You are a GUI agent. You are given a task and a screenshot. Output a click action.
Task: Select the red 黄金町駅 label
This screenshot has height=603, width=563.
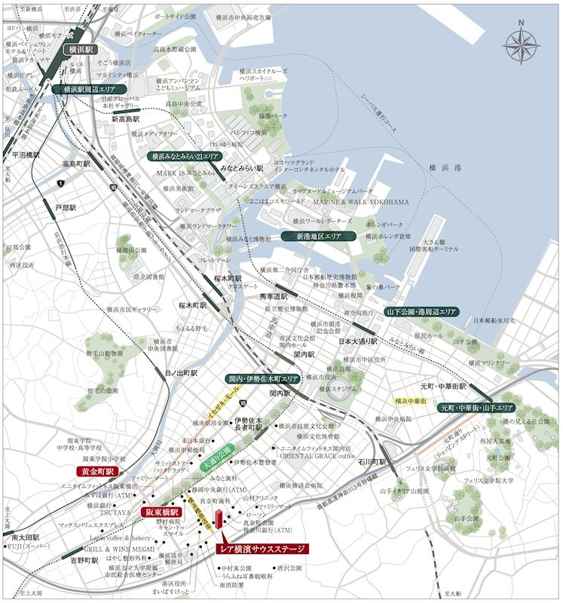coord(95,472)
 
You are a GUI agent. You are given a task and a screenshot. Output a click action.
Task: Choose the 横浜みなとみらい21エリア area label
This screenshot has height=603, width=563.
coord(184,157)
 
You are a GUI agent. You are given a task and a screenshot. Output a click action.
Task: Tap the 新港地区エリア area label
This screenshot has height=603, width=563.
coord(311,236)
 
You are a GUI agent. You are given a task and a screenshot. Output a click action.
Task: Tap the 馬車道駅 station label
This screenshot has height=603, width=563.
coord(274,295)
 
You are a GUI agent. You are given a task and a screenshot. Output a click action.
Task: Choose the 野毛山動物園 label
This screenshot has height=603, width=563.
coord(105,353)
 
